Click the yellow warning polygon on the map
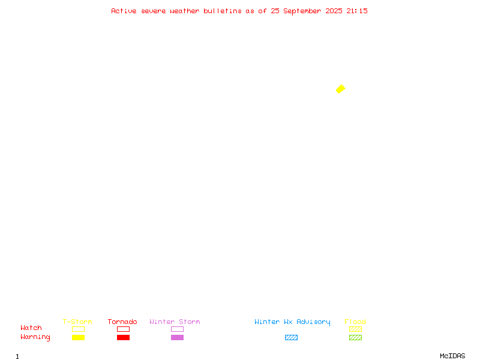(x=341, y=89)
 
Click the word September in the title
(x=302, y=11)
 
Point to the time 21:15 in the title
(x=357, y=11)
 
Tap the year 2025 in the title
(x=334, y=11)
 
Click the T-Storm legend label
(x=77, y=322)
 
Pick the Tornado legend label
(x=122, y=322)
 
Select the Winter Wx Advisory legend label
(x=292, y=322)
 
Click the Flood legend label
(x=355, y=322)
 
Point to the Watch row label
(x=31, y=328)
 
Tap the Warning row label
(x=35, y=337)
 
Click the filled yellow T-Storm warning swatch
(x=79, y=337)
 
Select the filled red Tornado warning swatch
(x=124, y=337)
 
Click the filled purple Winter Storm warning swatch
(x=177, y=337)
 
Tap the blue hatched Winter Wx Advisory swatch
(x=291, y=337)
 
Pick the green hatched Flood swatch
(x=355, y=337)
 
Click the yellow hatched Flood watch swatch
(x=355, y=329)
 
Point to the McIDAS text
(x=452, y=356)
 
